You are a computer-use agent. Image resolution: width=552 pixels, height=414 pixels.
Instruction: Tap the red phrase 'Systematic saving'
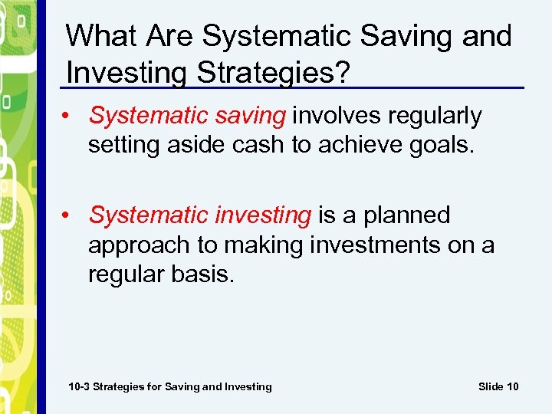coord(187,116)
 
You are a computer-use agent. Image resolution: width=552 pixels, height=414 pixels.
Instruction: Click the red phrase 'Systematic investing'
coord(200,215)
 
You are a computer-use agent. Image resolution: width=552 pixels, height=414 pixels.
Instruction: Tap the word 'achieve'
coord(359,145)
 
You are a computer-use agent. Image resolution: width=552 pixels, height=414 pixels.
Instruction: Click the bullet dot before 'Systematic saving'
coord(70,117)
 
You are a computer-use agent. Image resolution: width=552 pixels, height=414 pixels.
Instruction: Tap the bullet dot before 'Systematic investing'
coord(70,216)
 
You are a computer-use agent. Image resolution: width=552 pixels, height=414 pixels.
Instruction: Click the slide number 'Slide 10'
coord(498,386)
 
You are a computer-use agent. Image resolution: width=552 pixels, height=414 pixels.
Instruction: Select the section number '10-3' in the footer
coord(79,386)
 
